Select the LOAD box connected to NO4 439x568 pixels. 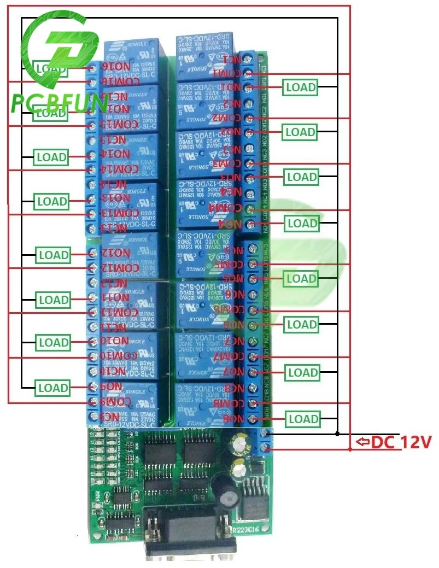tap(302, 223)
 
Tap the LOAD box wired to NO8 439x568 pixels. tap(303, 419)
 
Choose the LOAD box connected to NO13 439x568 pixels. tap(52, 201)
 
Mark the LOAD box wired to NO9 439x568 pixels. tap(53, 388)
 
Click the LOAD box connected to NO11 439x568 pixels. tap(53, 300)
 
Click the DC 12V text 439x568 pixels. tap(402, 442)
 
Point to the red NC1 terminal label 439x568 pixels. tap(231, 58)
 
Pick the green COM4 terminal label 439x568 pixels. tap(225, 208)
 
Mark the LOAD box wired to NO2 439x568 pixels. tap(301, 132)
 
